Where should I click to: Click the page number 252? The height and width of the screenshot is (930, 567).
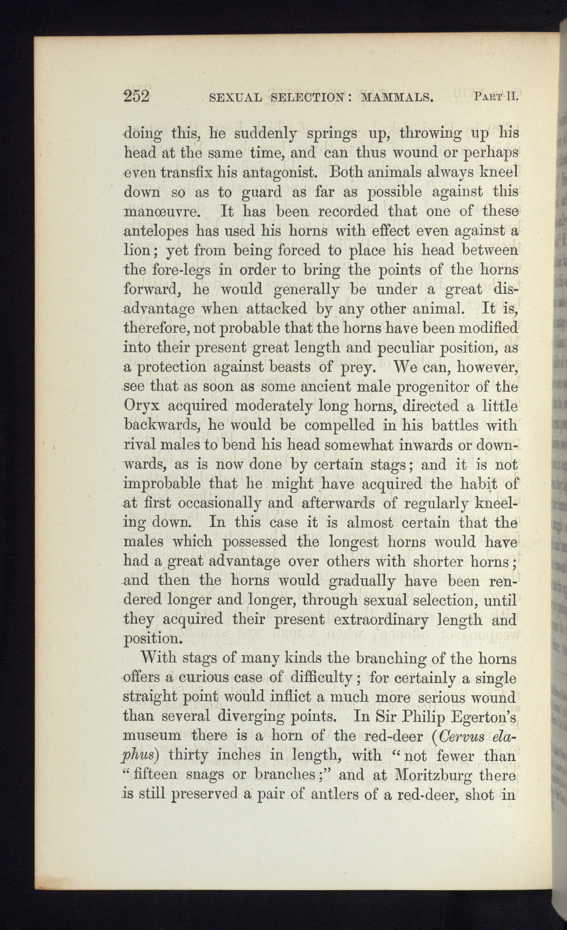136,97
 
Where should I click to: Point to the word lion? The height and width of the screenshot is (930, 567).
137,251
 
